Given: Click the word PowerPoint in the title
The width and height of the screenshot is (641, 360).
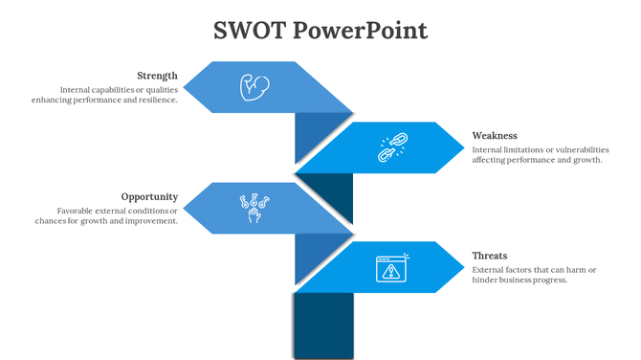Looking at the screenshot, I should click(361, 31).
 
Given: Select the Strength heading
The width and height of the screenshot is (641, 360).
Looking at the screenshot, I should click(157, 76).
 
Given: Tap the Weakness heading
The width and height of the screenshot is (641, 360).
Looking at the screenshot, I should click(495, 136).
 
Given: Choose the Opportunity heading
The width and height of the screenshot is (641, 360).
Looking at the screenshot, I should click(149, 196).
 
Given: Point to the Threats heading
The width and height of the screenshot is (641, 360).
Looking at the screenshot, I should click(490, 256).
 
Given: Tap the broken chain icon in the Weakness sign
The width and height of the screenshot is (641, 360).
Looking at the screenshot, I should click(390, 146).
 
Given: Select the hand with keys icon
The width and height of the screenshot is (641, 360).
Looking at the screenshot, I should click(253, 208).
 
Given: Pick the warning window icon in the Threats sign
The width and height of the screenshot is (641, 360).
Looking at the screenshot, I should click(390, 268).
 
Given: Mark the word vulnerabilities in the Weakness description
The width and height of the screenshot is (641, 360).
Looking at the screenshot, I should click(575, 149).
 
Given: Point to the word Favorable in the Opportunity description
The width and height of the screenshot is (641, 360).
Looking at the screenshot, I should click(77, 210).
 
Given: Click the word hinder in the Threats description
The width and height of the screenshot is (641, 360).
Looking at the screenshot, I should click(487, 281).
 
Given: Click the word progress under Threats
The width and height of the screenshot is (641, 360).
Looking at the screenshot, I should click(550, 281).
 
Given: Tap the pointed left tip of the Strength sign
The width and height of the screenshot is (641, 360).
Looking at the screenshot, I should click(186, 88).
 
